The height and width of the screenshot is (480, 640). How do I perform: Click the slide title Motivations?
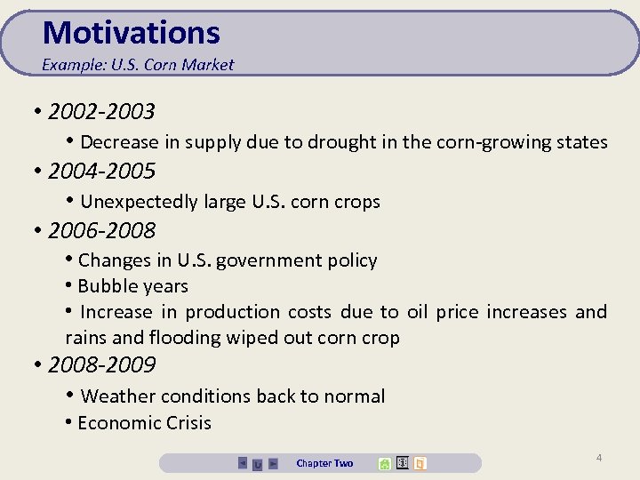point(131,33)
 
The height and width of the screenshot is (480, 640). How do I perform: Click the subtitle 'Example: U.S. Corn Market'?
point(138,65)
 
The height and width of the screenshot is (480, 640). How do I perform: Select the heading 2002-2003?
point(101,112)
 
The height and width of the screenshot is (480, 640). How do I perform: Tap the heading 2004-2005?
point(101,171)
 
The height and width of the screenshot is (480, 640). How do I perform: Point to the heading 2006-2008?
point(101,230)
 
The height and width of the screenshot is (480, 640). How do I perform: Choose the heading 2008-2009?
point(101,365)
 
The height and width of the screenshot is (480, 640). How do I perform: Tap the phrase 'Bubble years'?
point(132,286)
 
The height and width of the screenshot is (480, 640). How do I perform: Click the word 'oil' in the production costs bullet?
point(417,312)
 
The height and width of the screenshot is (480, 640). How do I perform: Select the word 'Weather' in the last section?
point(116,396)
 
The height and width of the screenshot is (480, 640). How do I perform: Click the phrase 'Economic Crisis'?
point(144,423)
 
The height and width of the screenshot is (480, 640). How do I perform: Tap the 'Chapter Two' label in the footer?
point(324,463)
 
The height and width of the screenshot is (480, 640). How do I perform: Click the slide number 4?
point(598,458)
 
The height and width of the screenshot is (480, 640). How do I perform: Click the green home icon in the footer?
point(384,463)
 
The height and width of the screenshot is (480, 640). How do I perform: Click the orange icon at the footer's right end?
point(420,463)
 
